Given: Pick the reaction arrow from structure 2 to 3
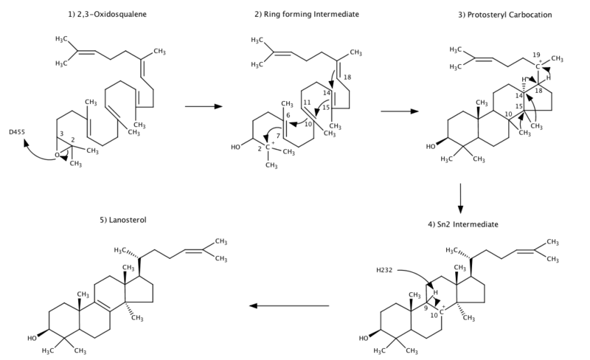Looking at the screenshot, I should point(396,111).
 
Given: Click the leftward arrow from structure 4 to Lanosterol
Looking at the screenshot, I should point(288,305).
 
